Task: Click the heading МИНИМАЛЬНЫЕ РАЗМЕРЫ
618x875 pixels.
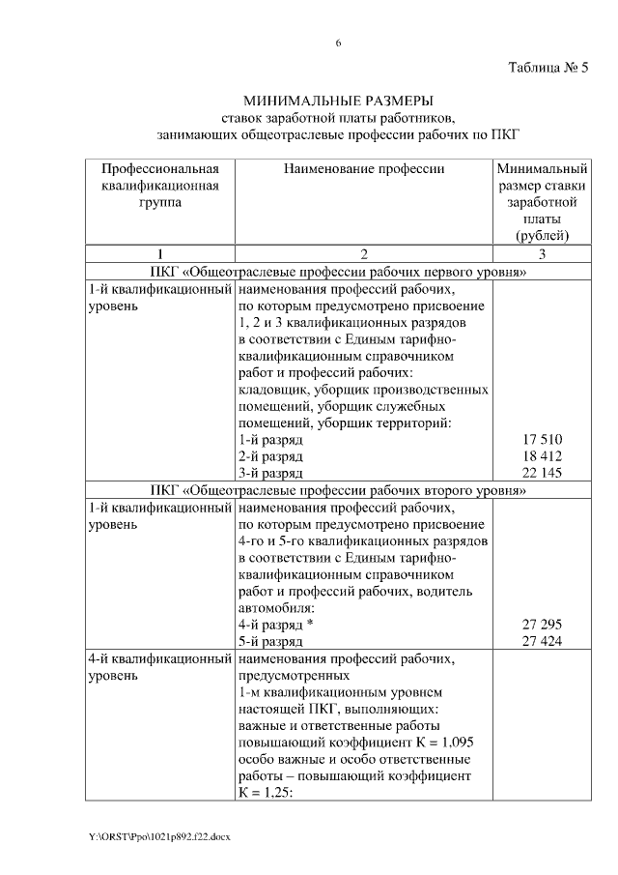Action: [338, 100]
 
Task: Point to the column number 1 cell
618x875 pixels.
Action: [159, 254]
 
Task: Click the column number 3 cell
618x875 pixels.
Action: [542, 254]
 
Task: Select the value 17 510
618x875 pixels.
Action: [542, 439]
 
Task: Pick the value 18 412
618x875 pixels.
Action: [542, 455]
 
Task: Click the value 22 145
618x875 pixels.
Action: [542, 473]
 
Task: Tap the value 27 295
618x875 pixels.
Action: [542, 625]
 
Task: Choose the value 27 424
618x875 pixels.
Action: [542, 642]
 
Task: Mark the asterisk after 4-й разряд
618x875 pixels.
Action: [310, 625]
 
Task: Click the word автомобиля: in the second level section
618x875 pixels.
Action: [276, 608]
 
